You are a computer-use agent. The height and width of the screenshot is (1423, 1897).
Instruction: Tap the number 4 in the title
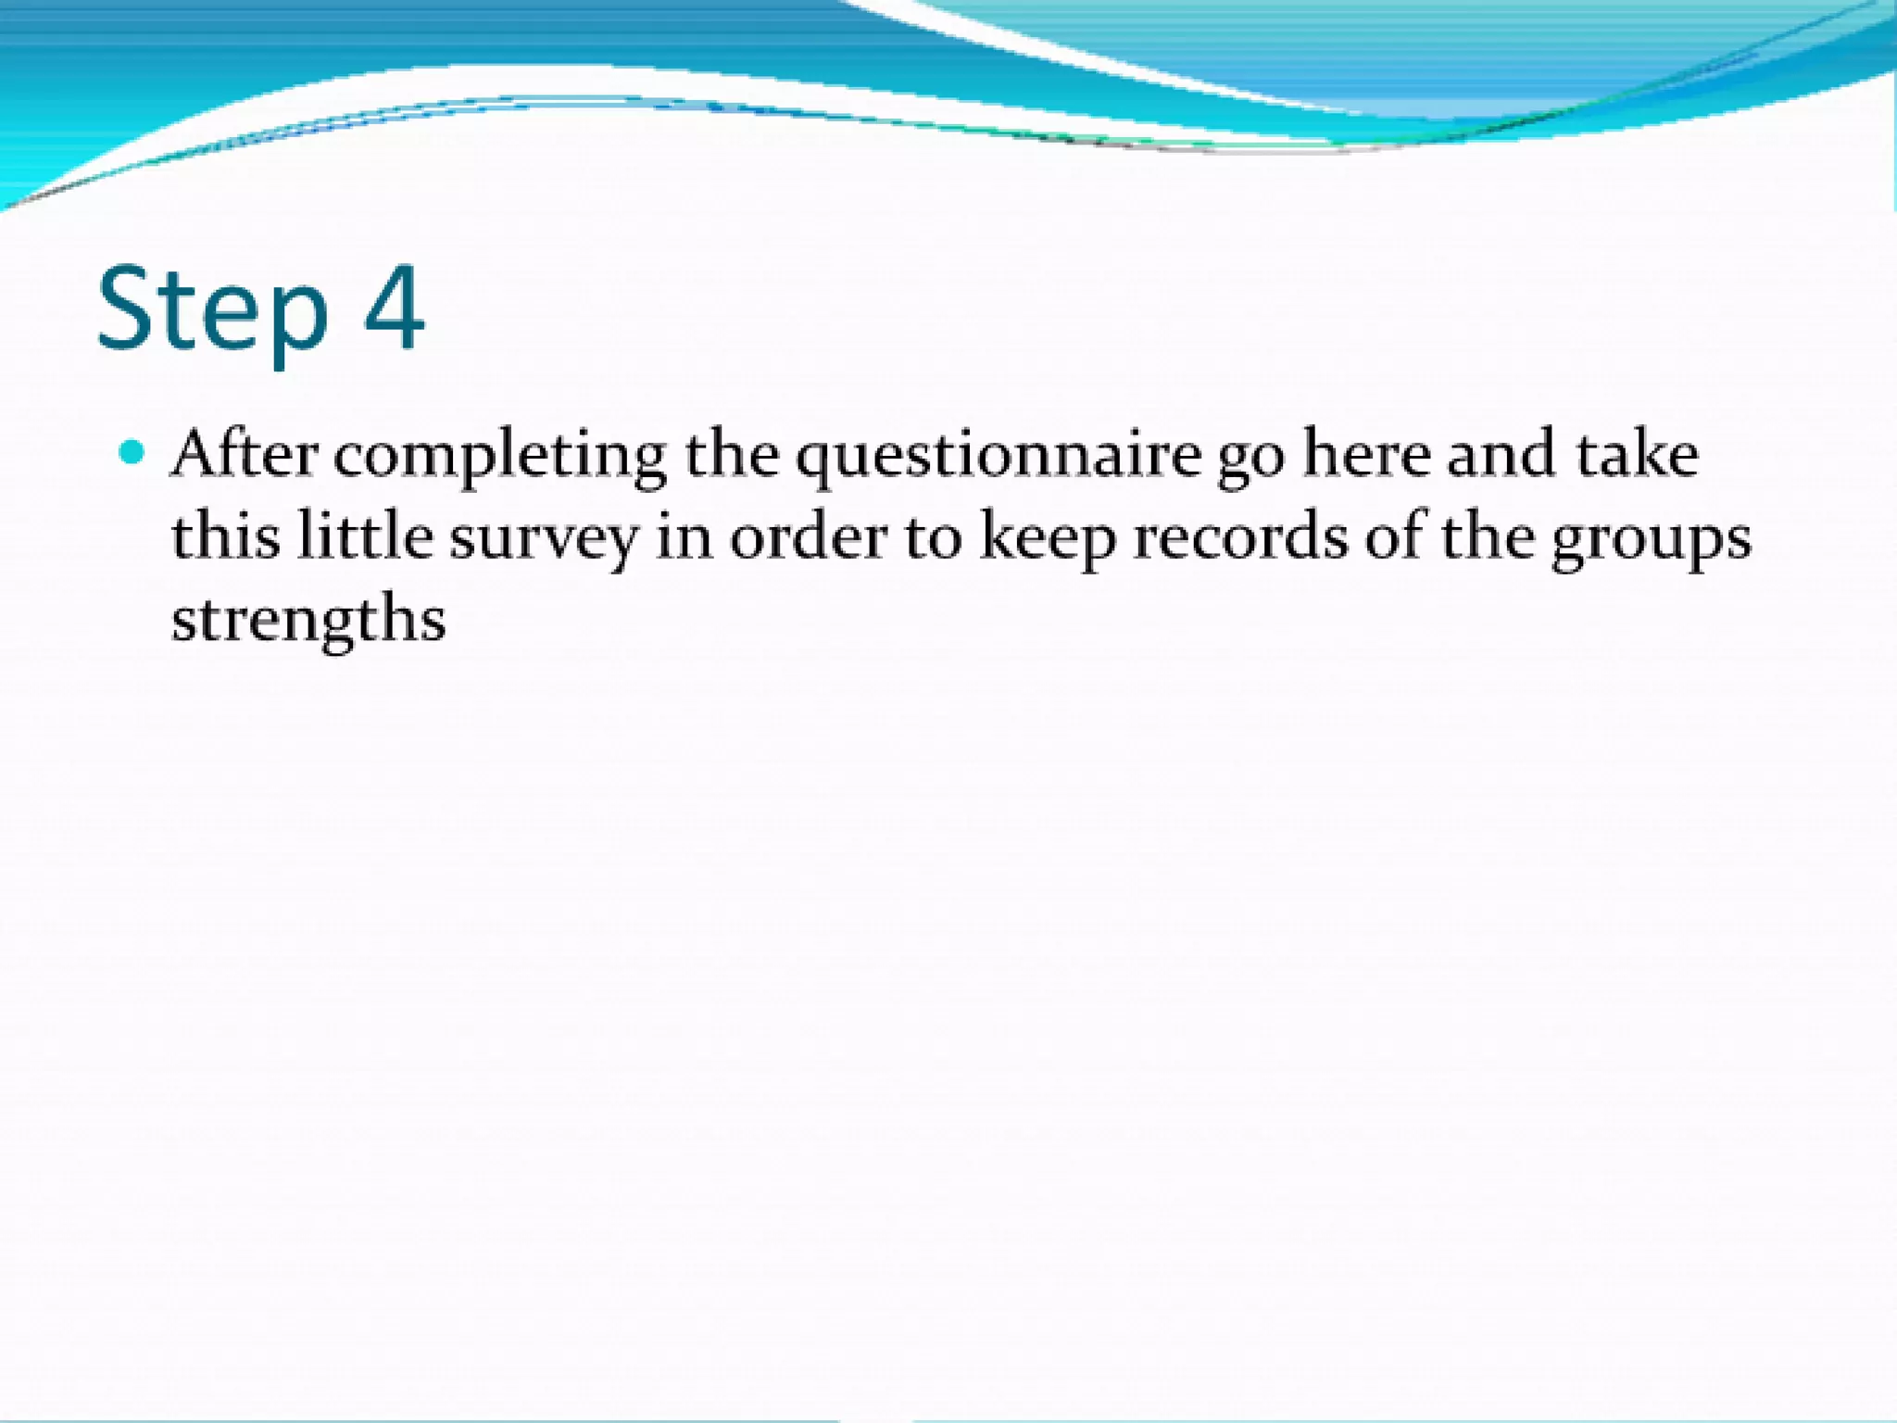point(395,308)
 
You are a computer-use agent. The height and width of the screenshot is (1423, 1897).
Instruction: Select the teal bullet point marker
point(132,453)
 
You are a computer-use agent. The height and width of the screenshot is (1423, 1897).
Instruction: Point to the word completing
point(500,457)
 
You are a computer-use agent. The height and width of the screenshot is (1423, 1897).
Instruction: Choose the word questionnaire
point(999,457)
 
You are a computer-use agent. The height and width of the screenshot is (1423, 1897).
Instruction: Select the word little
point(365,536)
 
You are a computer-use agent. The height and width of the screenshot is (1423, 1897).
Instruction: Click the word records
point(1240,536)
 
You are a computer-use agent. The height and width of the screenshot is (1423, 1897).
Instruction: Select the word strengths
point(308,620)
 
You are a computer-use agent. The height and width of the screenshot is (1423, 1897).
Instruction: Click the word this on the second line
point(225,536)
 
